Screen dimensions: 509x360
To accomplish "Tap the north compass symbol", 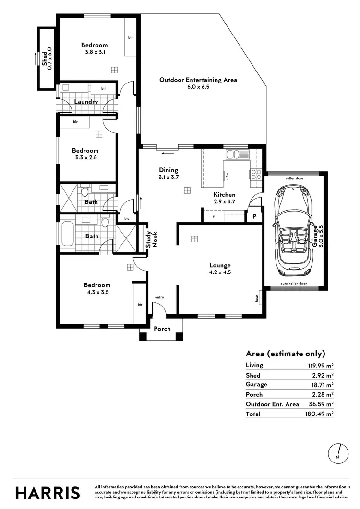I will [339, 453].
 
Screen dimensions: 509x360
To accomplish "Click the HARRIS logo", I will [48, 493].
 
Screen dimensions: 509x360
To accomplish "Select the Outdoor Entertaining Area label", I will [198, 80].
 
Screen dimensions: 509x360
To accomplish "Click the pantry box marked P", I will [254, 217].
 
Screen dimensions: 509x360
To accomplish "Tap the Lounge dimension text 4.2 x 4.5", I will [220, 272].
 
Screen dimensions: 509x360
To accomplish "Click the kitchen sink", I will [237, 154].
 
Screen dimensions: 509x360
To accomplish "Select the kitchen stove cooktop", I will [255, 174].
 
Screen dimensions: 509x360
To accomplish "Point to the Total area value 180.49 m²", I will [320, 414].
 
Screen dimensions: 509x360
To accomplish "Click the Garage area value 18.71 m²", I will [321, 385].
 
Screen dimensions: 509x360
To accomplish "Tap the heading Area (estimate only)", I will [285, 354].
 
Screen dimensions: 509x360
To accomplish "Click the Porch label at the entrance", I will [162, 329].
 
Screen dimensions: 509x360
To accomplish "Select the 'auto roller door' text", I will [295, 284].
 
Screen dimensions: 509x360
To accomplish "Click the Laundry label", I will [86, 102].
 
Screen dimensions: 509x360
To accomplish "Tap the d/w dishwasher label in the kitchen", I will [227, 175].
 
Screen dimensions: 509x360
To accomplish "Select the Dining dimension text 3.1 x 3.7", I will [168, 177].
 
